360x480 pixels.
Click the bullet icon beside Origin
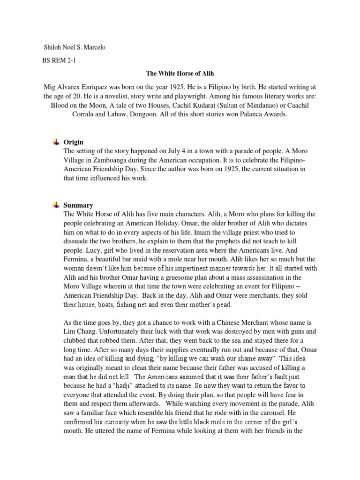(56, 142)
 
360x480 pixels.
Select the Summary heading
(78, 205)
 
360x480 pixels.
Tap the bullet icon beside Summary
(56, 205)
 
